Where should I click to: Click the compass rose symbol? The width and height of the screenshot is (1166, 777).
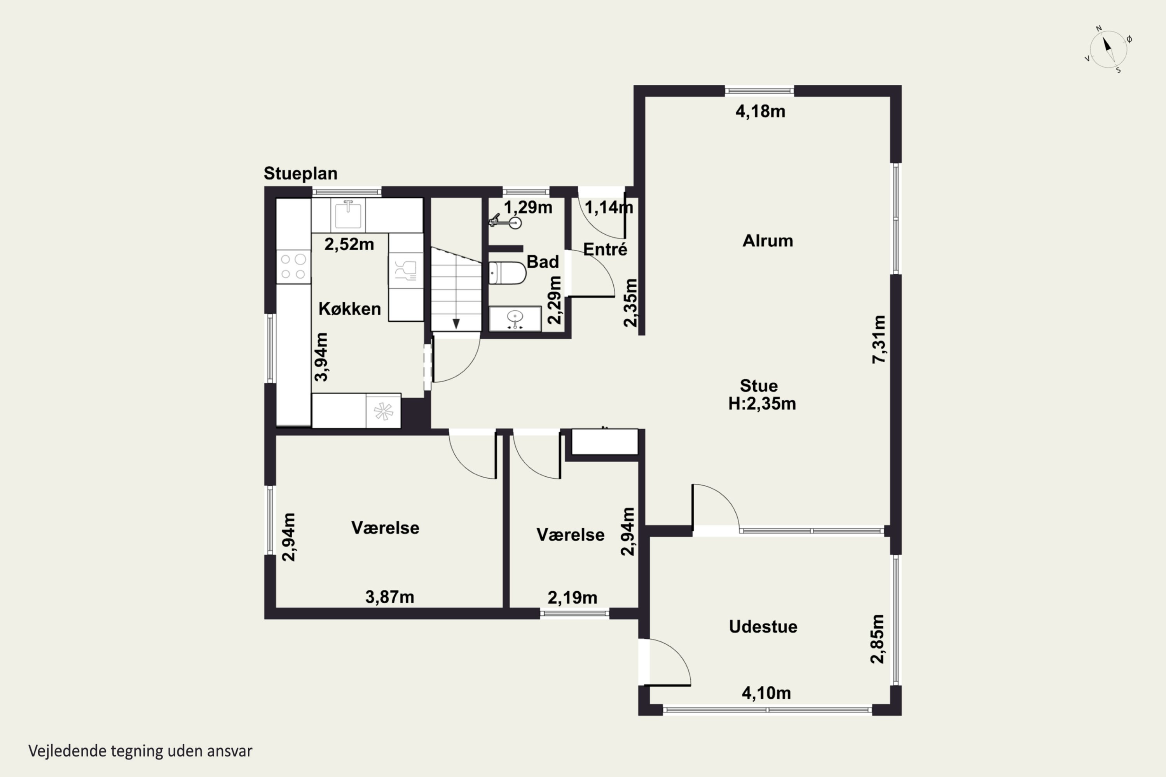coord(1108,49)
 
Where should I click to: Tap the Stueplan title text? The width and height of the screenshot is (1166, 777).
coord(300,173)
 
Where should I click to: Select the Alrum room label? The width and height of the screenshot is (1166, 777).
coord(767,241)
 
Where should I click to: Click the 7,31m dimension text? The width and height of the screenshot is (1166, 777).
coord(879,340)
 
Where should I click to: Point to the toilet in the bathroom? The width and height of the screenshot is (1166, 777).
coord(507,274)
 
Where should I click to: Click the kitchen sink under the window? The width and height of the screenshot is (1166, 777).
coord(349,214)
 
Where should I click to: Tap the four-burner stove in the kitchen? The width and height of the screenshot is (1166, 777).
coord(293,267)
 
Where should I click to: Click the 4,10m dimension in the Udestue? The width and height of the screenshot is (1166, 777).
coord(766,693)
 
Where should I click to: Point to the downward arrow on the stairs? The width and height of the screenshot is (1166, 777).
coord(456,324)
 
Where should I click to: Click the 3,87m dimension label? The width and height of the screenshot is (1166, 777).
coord(390,597)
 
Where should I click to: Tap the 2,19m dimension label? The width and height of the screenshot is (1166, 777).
coord(572,598)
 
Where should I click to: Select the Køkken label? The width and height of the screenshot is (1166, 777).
coord(349,309)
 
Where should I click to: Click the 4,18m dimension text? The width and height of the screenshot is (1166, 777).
coord(761,111)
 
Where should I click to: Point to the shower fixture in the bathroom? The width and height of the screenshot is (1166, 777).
coord(505,221)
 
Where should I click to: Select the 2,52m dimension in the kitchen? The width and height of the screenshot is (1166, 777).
coord(349,244)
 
